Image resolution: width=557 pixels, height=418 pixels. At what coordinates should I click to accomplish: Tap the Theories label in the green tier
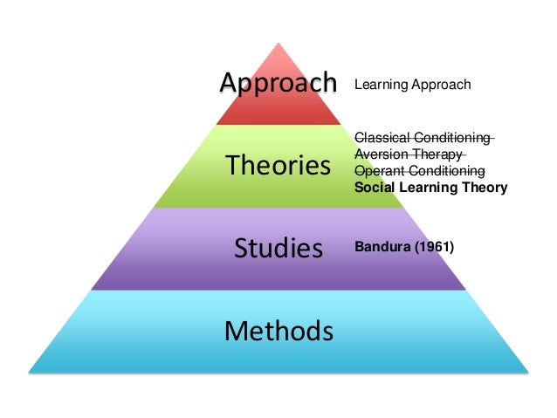coord(278,165)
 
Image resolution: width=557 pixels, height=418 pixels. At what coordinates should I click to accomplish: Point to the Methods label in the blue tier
coord(278,331)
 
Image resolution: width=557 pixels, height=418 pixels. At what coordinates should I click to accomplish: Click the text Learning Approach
coord(412,85)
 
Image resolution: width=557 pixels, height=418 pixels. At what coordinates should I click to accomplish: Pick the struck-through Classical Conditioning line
coord(423,138)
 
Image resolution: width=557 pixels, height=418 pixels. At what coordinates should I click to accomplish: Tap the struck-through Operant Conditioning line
coord(419,170)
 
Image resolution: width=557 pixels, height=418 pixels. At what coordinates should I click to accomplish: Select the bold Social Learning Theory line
coord(430,187)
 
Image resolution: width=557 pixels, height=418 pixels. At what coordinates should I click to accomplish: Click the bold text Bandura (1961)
coord(404,247)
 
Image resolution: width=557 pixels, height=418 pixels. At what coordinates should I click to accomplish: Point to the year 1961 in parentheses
coord(436,247)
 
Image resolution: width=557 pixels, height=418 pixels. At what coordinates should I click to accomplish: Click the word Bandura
coord(383,247)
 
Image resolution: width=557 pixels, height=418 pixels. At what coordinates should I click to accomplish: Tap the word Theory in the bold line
coord(486,187)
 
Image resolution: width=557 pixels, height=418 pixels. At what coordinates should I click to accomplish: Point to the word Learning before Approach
coord(379,85)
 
